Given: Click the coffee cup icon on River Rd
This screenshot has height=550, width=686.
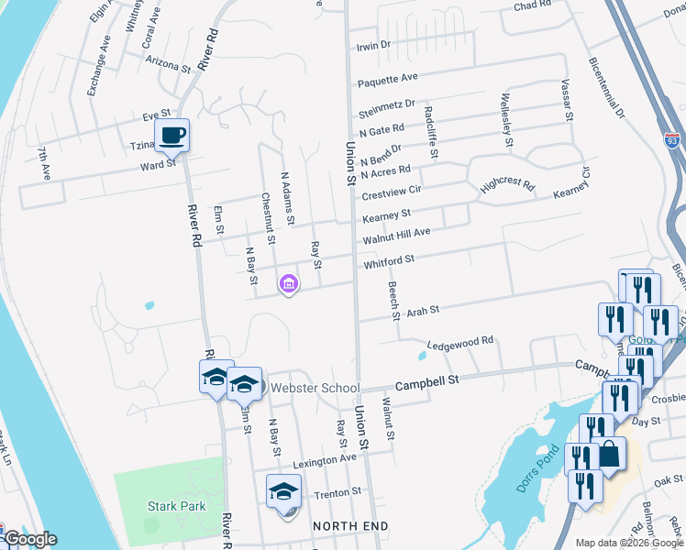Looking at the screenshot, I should (x=171, y=137).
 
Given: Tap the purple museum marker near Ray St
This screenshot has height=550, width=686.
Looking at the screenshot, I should (x=289, y=285).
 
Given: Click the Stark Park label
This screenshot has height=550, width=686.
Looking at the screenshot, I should (x=176, y=505).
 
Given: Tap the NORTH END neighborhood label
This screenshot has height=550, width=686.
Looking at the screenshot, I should (x=350, y=526).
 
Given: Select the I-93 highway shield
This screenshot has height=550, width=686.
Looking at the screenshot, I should (x=673, y=141).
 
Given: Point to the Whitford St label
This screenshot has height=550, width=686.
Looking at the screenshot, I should (x=390, y=260).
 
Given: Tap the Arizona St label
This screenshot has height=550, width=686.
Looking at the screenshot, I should (x=168, y=67).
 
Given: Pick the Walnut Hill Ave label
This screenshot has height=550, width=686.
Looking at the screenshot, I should (x=396, y=236).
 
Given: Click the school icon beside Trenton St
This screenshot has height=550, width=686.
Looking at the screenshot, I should (x=283, y=492).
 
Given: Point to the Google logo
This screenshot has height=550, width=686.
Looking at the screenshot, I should (x=29, y=539).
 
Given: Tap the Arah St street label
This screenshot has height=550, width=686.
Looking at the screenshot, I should (x=424, y=311).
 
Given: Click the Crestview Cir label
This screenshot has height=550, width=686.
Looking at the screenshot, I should (x=391, y=191).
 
